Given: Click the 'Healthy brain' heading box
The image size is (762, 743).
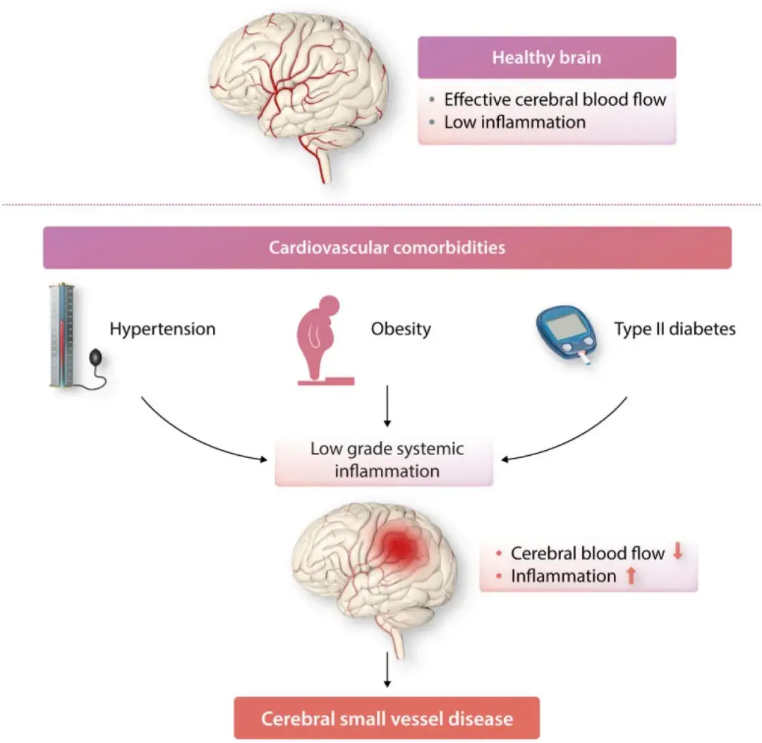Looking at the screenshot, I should pyautogui.click(x=547, y=57).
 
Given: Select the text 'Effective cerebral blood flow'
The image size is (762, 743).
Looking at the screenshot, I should pyautogui.click(x=555, y=99).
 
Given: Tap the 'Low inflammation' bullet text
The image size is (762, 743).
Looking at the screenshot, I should pyautogui.click(x=514, y=122).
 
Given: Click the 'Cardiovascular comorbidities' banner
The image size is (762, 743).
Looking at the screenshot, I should pyautogui.click(x=387, y=248).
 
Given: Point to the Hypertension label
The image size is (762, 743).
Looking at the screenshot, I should pyautogui.click(x=162, y=329).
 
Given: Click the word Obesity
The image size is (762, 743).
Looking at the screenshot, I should pyautogui.click(x=401, y=329).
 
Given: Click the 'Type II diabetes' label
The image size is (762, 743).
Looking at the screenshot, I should pyautogui.click(x=675, y=329).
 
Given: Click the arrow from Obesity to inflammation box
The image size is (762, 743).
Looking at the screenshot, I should pyautogui.click(x=387, y=406).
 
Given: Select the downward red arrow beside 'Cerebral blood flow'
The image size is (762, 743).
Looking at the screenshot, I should pyautogui.click(x=678, y=552).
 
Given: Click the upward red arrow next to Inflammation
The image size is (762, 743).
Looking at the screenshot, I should pyautogui.click(x=631, y=576).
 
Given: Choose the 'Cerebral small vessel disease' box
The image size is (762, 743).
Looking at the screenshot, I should pyautogui.click(x=387, y=719).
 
